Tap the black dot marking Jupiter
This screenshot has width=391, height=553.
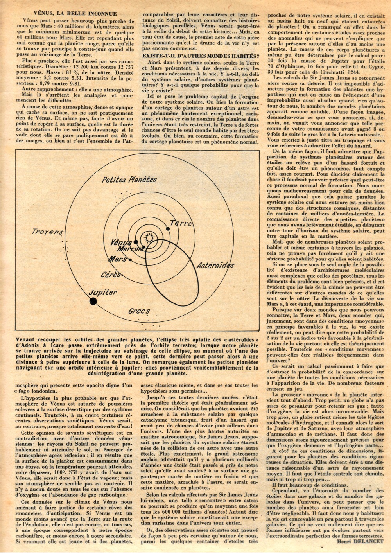[93, 301]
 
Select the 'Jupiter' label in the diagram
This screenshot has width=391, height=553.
[102, 292]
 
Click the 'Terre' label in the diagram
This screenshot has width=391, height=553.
[181, 223]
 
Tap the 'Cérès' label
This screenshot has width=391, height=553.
[111, 275]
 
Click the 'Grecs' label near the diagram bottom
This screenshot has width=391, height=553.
[139, 311]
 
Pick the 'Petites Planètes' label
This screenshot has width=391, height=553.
[129, 180]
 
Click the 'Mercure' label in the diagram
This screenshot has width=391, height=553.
[130, 248]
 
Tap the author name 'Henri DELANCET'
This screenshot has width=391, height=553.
[360, 541]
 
